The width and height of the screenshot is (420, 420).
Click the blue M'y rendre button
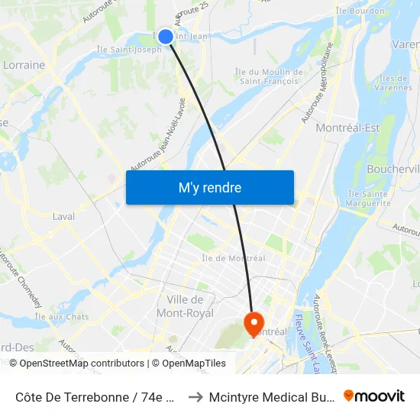pos(209,188)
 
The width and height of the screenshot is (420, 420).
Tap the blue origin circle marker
pos(165,36)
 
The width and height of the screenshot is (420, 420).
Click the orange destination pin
pos(253,322)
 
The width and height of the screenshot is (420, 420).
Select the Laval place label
pos(63,216)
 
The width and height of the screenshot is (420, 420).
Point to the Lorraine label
pos(24,65)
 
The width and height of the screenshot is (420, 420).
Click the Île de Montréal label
pos(233,258)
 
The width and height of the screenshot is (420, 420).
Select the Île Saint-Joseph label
pos(128,50)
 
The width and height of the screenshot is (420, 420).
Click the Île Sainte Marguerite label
pos(369,199)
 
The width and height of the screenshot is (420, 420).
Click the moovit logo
pos(374,396)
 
